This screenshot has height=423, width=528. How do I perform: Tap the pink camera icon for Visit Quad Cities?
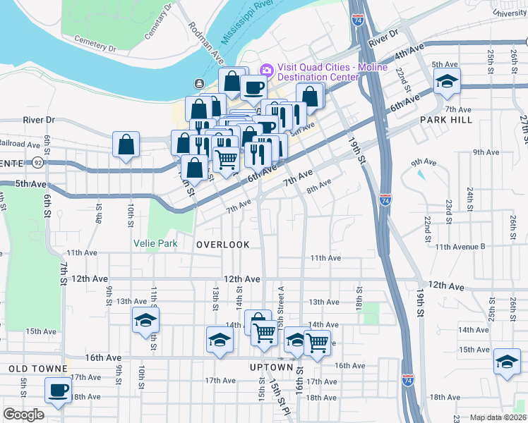click(266, 69)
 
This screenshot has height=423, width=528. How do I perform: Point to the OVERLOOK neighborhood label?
click(223, 245)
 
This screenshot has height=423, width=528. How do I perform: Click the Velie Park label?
click(155, 243)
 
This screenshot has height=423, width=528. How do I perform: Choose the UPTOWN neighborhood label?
click(271, 367)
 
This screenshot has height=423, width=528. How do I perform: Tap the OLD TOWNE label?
click(37, 369)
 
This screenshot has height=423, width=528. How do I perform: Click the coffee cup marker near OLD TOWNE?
click(58, 389)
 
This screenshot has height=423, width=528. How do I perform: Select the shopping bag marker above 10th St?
click(126, 145)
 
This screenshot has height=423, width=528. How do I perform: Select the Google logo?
click(23, 415)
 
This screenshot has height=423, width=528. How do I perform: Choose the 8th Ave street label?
click(318, 185)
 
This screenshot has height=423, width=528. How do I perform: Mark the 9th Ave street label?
click(486, 152)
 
